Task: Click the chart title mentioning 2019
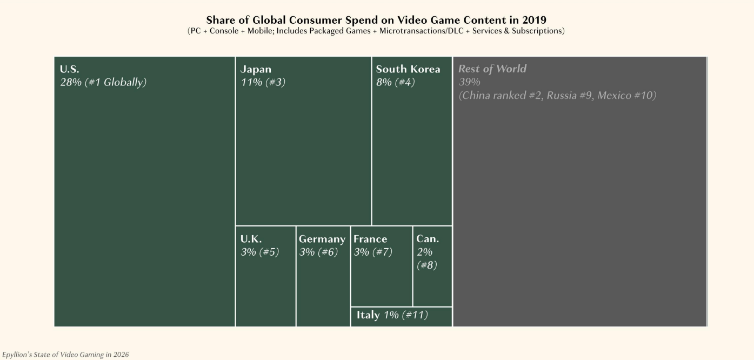pos(376,21)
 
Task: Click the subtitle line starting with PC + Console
pos(376,31)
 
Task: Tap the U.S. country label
pos(69,69)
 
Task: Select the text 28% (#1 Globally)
pos(103,82)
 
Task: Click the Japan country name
pos(256,69)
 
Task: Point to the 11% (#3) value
pos(263,82)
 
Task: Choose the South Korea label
pos(408,69)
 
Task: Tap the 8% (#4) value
pos(396,82)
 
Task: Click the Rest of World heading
pos(492,69)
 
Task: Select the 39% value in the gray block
pos(469,82)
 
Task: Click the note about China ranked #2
pos(557,96)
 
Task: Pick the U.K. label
pos(251,239)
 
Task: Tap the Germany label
pos(322,239)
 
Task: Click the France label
pos(370,239)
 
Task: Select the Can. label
pos(428,239)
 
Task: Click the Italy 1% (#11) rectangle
pos(401,316)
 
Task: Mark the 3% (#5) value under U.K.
pos(259,252)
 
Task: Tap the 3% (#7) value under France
pos(373,252)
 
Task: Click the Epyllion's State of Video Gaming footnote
pos(65,355)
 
